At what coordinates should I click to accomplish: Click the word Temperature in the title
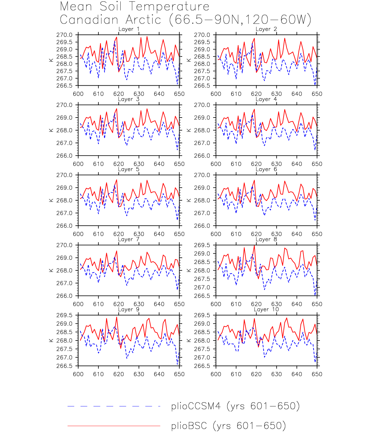click(169, 7)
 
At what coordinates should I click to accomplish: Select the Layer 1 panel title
click(129, 29)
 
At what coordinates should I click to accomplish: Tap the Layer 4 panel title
click(266, 99)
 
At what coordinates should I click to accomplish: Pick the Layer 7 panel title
click(129, 240)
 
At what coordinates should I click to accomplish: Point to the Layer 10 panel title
click(266, 310)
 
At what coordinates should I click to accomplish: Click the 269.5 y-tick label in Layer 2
click(202, 42)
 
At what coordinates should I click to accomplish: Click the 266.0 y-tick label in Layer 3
click(65, 156)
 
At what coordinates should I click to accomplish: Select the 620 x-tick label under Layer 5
click(119, 234)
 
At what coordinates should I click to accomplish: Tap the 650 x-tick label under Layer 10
click(317, 374)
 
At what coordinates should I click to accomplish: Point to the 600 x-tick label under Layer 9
click(78, 374)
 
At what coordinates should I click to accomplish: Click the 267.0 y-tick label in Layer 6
click(202, 213)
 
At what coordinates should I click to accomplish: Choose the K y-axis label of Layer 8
click(189, 270)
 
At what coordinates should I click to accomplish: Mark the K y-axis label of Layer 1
click(51, 60)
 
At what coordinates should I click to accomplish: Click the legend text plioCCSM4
click(196, 406)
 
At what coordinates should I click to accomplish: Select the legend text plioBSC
click(189, 426)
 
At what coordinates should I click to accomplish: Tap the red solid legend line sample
click(114, 426)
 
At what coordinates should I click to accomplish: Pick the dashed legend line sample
click(114, 406)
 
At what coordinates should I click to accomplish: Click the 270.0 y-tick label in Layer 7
click(65, 245)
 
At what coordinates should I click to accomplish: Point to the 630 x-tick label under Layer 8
click(276, 304)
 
